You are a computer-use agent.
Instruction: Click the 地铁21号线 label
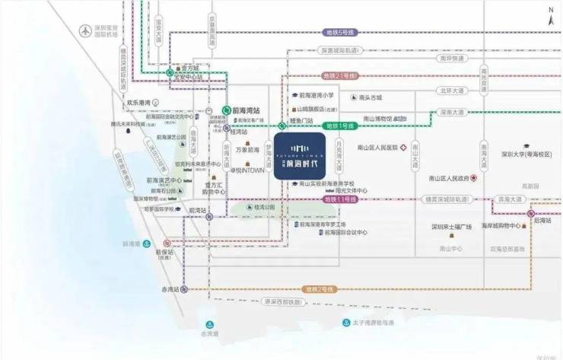tap(340, 77)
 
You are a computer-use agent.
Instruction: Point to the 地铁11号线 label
tap(340, 199)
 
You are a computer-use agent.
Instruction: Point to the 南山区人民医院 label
tap(377, 147)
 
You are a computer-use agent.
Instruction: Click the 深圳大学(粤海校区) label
tap(526, 155)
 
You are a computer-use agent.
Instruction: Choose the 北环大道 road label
tap(451, 91)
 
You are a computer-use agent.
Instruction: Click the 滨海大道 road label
tap(507, 199)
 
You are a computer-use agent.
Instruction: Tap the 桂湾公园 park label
tap(265, 206)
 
